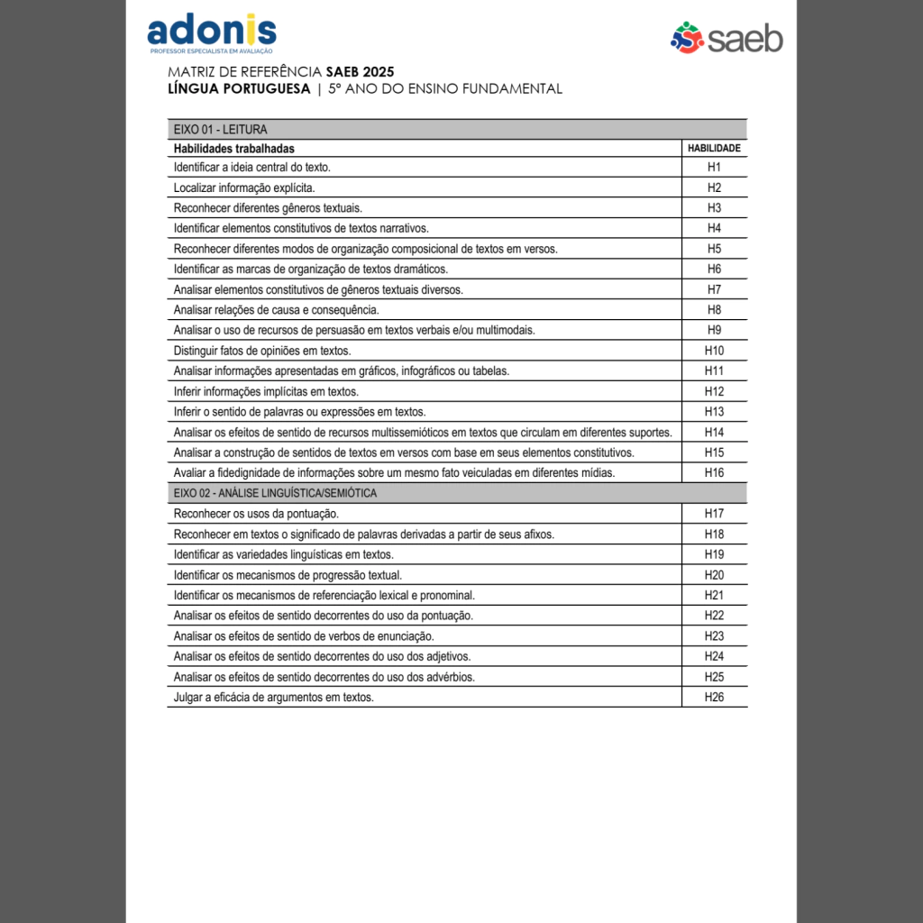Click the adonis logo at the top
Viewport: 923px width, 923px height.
coord(211,32)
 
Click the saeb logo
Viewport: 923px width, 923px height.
coord(727,38)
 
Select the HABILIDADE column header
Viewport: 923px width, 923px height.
coord(714,148)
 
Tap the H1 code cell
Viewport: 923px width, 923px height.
coord(714,168)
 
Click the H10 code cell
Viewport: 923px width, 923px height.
coord(714,351)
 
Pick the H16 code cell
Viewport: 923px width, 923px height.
coord(714,473)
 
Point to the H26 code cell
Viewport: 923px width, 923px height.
coord(714,697)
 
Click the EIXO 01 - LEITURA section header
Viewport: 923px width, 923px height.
coord(221,129)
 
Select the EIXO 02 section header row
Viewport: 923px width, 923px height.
coord(275,493)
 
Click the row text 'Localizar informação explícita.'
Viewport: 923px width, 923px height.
coord(244,187)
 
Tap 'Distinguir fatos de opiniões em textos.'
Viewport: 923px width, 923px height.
coord(262,351)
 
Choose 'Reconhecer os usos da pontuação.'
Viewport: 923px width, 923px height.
coord(256,514)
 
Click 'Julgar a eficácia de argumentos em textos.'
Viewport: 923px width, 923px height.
coord(273,697)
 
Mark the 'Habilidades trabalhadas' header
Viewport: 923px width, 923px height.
coord(233,148)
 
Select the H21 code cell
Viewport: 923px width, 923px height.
coord(714,595)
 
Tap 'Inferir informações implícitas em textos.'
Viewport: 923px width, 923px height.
coord(266,391)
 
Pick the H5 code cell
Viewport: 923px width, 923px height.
coord(714,249)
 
